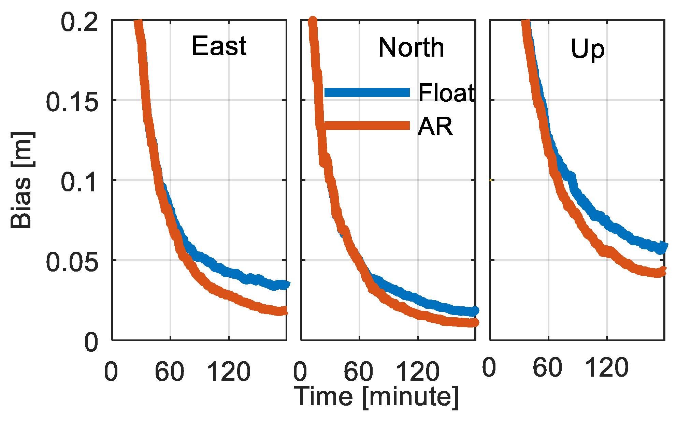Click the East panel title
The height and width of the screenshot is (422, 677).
(219, 46)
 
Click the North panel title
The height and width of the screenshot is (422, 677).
(411, 47)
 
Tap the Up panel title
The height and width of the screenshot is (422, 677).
(588, 49)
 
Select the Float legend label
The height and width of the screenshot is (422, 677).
(446, 93)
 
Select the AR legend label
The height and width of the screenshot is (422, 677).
(435, 126)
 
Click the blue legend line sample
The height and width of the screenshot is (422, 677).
(367, 92)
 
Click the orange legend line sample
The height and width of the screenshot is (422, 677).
(367, 126)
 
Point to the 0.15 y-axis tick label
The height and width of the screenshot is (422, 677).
(72, 102)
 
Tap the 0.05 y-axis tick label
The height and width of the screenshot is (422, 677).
(72, 262)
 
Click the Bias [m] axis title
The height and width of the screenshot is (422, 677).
(21, 180)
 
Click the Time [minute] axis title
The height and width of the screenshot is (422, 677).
(377, 397)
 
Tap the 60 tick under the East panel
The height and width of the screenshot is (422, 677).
(169, 372)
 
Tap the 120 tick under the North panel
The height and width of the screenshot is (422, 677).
(417, 372)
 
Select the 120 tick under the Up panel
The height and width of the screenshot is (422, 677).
(606, 368)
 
